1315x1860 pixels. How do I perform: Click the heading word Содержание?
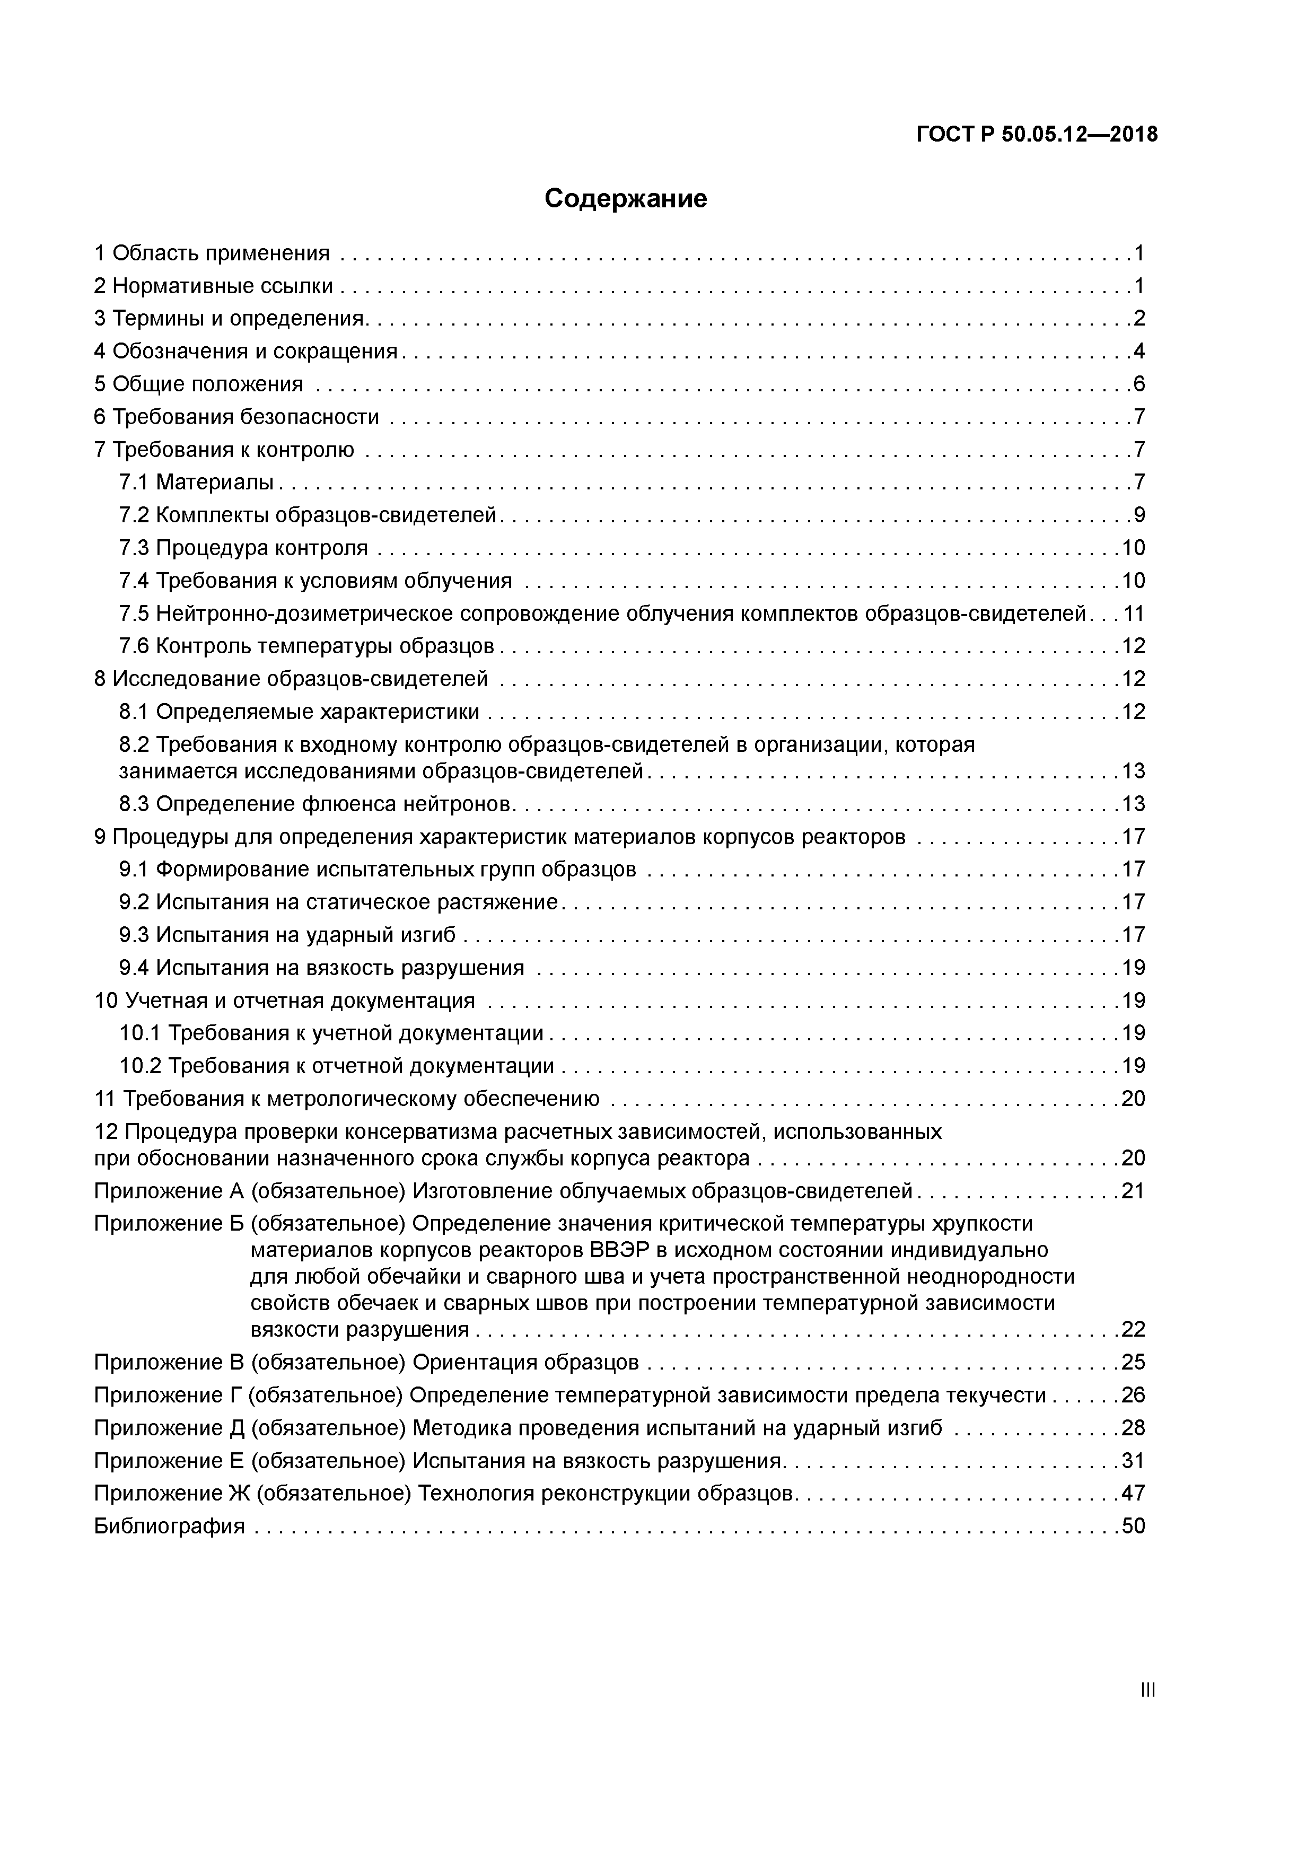click(x=626, y=198)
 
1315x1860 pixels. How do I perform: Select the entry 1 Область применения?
click(x=212, y=253)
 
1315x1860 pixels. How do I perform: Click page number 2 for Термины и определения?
click(x=1139, y=318)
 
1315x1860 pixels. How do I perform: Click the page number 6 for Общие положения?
click(x=1139, y=384)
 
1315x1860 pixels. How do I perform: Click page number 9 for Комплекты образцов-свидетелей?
click(x=1139, y=515)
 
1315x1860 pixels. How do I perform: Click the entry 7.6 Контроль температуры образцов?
click(x=307, y=646)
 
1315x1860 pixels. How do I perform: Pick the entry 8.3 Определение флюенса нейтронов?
click(x=316, y=804)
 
